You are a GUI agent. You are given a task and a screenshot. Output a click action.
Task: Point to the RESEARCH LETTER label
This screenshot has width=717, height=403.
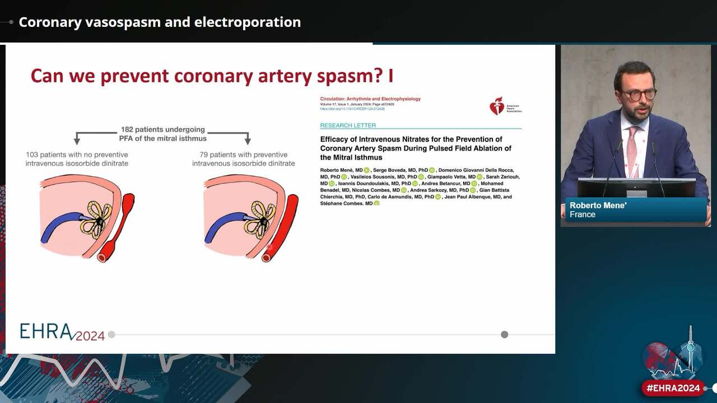click(348, 125)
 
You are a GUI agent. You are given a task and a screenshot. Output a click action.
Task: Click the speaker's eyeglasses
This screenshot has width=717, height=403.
click(637, 95)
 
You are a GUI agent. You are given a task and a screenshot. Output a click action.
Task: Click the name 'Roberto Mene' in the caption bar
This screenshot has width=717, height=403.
click(598, 205)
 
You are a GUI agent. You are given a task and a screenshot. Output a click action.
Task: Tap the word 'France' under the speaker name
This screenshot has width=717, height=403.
click(583, 214)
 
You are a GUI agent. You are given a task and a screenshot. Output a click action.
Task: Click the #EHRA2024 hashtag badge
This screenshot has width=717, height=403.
click(673, 388)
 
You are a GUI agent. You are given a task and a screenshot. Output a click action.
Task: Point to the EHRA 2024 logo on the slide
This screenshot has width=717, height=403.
click(62, 332)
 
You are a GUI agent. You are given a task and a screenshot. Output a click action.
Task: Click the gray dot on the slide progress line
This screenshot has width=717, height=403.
click(504, 334)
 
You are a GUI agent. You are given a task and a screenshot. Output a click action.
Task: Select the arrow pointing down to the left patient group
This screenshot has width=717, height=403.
click(77, 138)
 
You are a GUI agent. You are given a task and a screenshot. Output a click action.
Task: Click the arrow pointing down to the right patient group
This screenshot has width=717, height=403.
click(247, 138)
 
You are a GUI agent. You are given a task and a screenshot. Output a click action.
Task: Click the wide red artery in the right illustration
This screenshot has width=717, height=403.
click(283, 224)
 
